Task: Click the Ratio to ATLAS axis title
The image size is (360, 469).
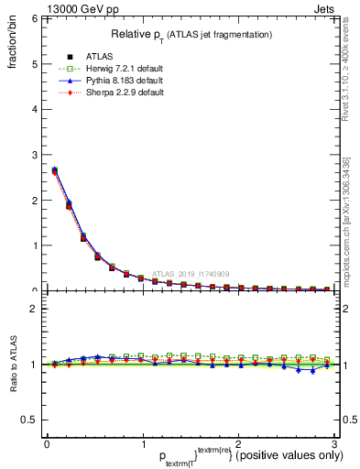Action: coord(14,364)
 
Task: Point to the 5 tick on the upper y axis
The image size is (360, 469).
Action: coord(33,64)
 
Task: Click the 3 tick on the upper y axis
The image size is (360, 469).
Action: coord(33,155)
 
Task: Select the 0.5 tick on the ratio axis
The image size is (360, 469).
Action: coord(28,420)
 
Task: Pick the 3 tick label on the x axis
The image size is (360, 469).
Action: coord(334,443)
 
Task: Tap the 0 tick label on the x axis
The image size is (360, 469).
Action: coord(47,443)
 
